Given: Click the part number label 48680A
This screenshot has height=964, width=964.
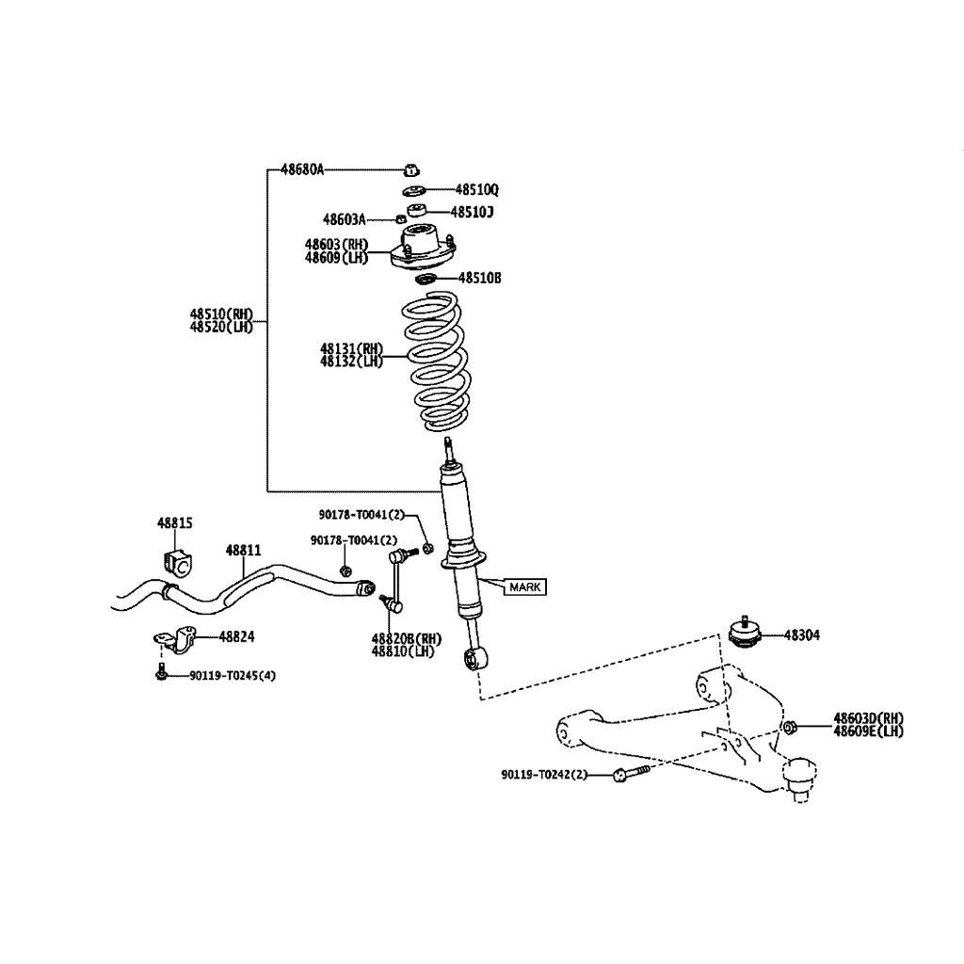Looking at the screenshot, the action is tap(301, 169).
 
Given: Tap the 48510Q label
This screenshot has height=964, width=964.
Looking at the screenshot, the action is tap(477, 189).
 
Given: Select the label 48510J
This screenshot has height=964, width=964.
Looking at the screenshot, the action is tap(472, 212).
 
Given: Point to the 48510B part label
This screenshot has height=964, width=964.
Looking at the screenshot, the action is tap(479, 278).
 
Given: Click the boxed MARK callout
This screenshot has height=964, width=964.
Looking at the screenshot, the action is tap(525, 586).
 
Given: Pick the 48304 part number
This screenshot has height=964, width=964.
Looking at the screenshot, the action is tap(801, 635).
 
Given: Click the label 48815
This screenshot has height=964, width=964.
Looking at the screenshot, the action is tap(174, 522).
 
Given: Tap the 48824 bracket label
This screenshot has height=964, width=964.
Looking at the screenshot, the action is tap(235, 636).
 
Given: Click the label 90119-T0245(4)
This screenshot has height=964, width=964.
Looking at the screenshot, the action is tap(233, 675).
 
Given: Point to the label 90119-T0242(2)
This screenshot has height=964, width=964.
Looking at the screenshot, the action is tap(544, 774).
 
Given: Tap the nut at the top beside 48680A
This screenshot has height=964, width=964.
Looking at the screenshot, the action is tap(410, 169).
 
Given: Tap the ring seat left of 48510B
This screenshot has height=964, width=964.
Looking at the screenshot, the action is tap(426, 278).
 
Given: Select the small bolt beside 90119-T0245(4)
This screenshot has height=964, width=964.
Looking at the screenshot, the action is tap(163, 672).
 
